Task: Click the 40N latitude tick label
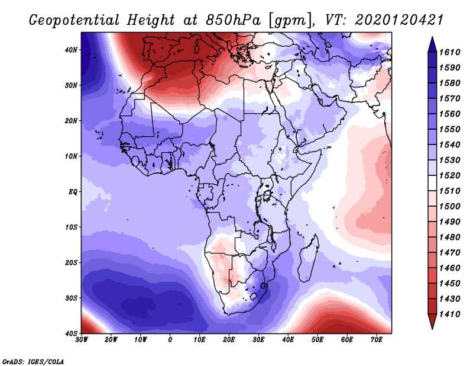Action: pos(71,50)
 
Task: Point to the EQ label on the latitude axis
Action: pos(73,192)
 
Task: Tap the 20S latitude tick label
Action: pos(71,262)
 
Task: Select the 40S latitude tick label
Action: pos(71,333)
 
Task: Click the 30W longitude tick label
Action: pos(82,340)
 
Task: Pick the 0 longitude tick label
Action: pos(170,340)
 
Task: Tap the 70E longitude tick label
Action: pos(377,340)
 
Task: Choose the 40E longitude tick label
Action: pos(288,340)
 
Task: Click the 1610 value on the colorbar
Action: pos(449,52)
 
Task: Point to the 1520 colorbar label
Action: pos(449,175)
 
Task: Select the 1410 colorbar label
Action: pos(449,314)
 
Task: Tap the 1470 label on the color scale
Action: pos(449,253)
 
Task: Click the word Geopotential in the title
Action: pos(74,20)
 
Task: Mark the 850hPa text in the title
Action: pos(233,20)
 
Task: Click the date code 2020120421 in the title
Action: pos(399,20)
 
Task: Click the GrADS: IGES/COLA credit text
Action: pos(33,361)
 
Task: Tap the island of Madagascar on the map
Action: pos(309,258)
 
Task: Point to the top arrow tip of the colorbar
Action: pos(432,37)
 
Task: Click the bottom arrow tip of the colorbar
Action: pos(432,329)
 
